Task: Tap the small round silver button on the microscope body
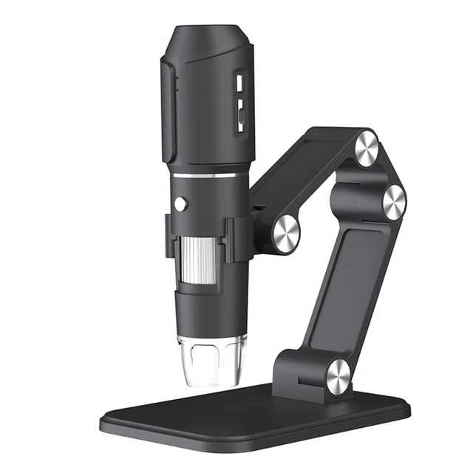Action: [180, 204]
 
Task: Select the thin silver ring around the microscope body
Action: [207, 176]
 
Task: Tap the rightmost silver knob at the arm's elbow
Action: [393, 201]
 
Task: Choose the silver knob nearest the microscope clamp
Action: [286, 234]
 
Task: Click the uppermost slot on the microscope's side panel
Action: [239, 80]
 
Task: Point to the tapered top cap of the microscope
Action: [207, 41]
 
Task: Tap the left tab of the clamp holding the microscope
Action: [169, 236]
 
